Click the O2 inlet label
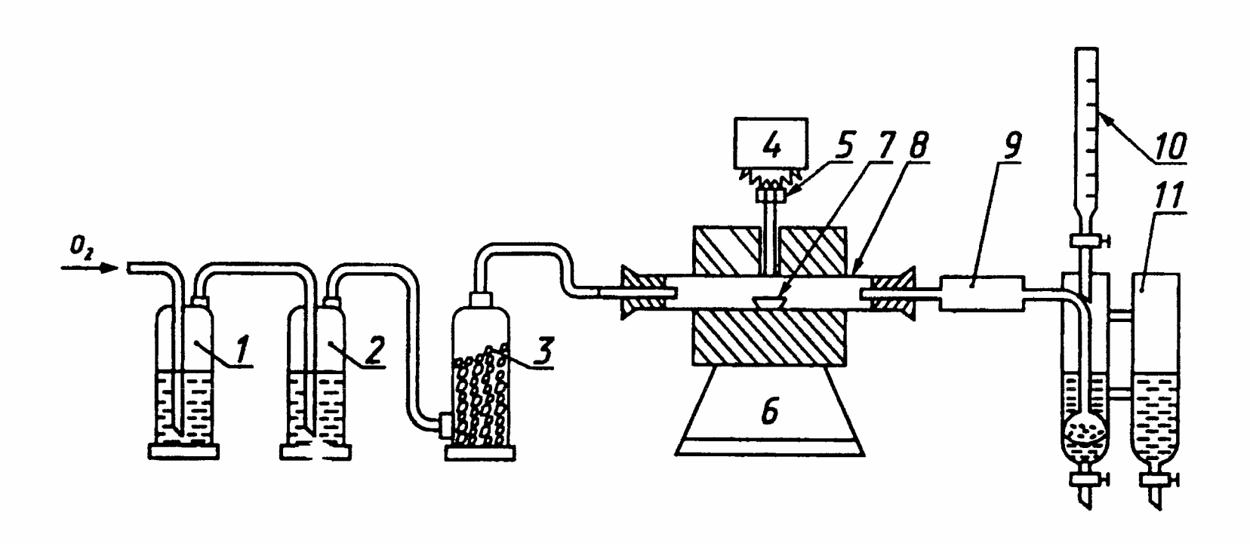(x=82, y=253)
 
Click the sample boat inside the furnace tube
(x=768, y=301)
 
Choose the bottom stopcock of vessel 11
(x=1156, y=480)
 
